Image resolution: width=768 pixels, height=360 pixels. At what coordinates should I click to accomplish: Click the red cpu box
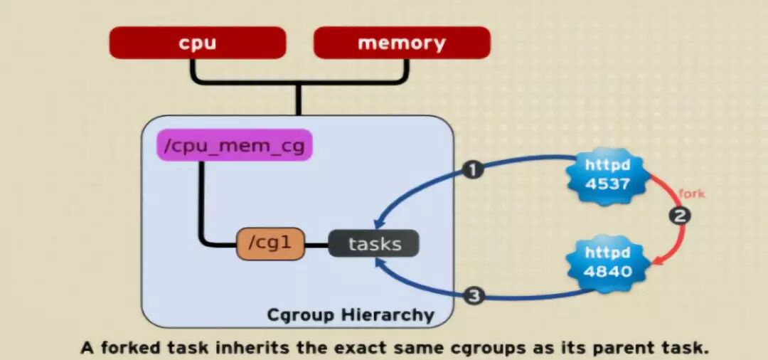(197, 43)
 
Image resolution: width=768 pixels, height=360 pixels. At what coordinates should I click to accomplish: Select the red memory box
(402, 43)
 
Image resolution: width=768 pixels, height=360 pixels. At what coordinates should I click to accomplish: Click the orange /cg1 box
(270, 244)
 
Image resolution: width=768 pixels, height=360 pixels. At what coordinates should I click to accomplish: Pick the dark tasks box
(374, 244)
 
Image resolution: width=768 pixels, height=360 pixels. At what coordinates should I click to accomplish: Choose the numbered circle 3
(474, 295)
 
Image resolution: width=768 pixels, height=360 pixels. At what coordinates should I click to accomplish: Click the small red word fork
(691, 193)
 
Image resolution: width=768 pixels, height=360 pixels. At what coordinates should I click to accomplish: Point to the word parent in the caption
(617, 349)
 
